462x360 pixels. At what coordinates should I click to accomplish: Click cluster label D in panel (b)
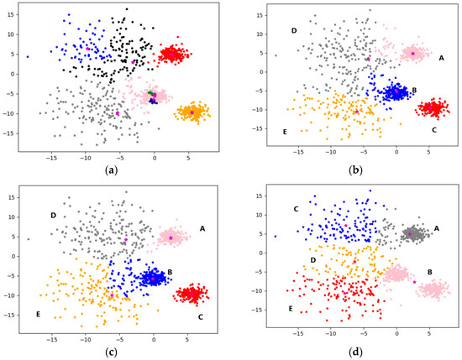tap(294, 31)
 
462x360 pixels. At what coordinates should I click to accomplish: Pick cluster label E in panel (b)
tap(285, 132)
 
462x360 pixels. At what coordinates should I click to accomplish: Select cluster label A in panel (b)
tap(442, 57)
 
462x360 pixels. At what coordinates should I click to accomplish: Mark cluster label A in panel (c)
tap(202, 228)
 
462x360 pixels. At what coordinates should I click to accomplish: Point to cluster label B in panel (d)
tap(430, 272)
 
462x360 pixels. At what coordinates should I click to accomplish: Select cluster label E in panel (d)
tap(291, 309)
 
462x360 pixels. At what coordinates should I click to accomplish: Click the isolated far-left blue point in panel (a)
tap(27, 57)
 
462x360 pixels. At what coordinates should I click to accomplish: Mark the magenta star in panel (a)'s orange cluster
tap(192, 112)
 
